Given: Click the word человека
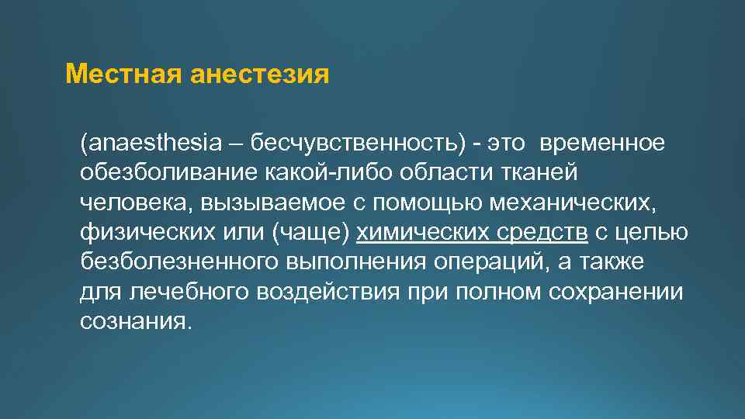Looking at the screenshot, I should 136,204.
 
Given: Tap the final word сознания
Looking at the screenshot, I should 134,322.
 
